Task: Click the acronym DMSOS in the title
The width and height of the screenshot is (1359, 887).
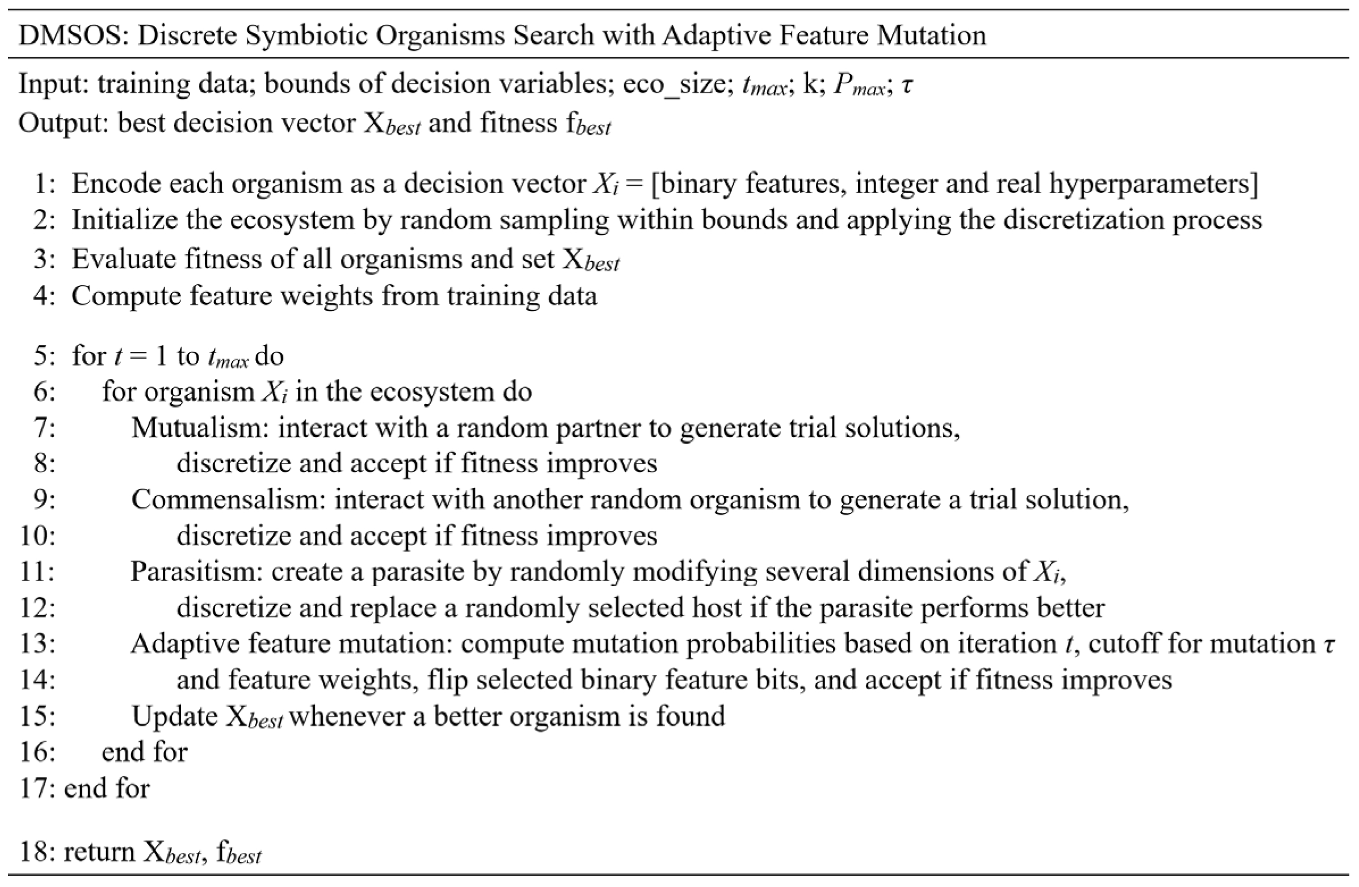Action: coord(68,35)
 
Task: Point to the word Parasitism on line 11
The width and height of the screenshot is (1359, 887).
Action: coord(196,571)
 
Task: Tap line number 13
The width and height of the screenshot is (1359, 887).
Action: coord(36,644)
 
